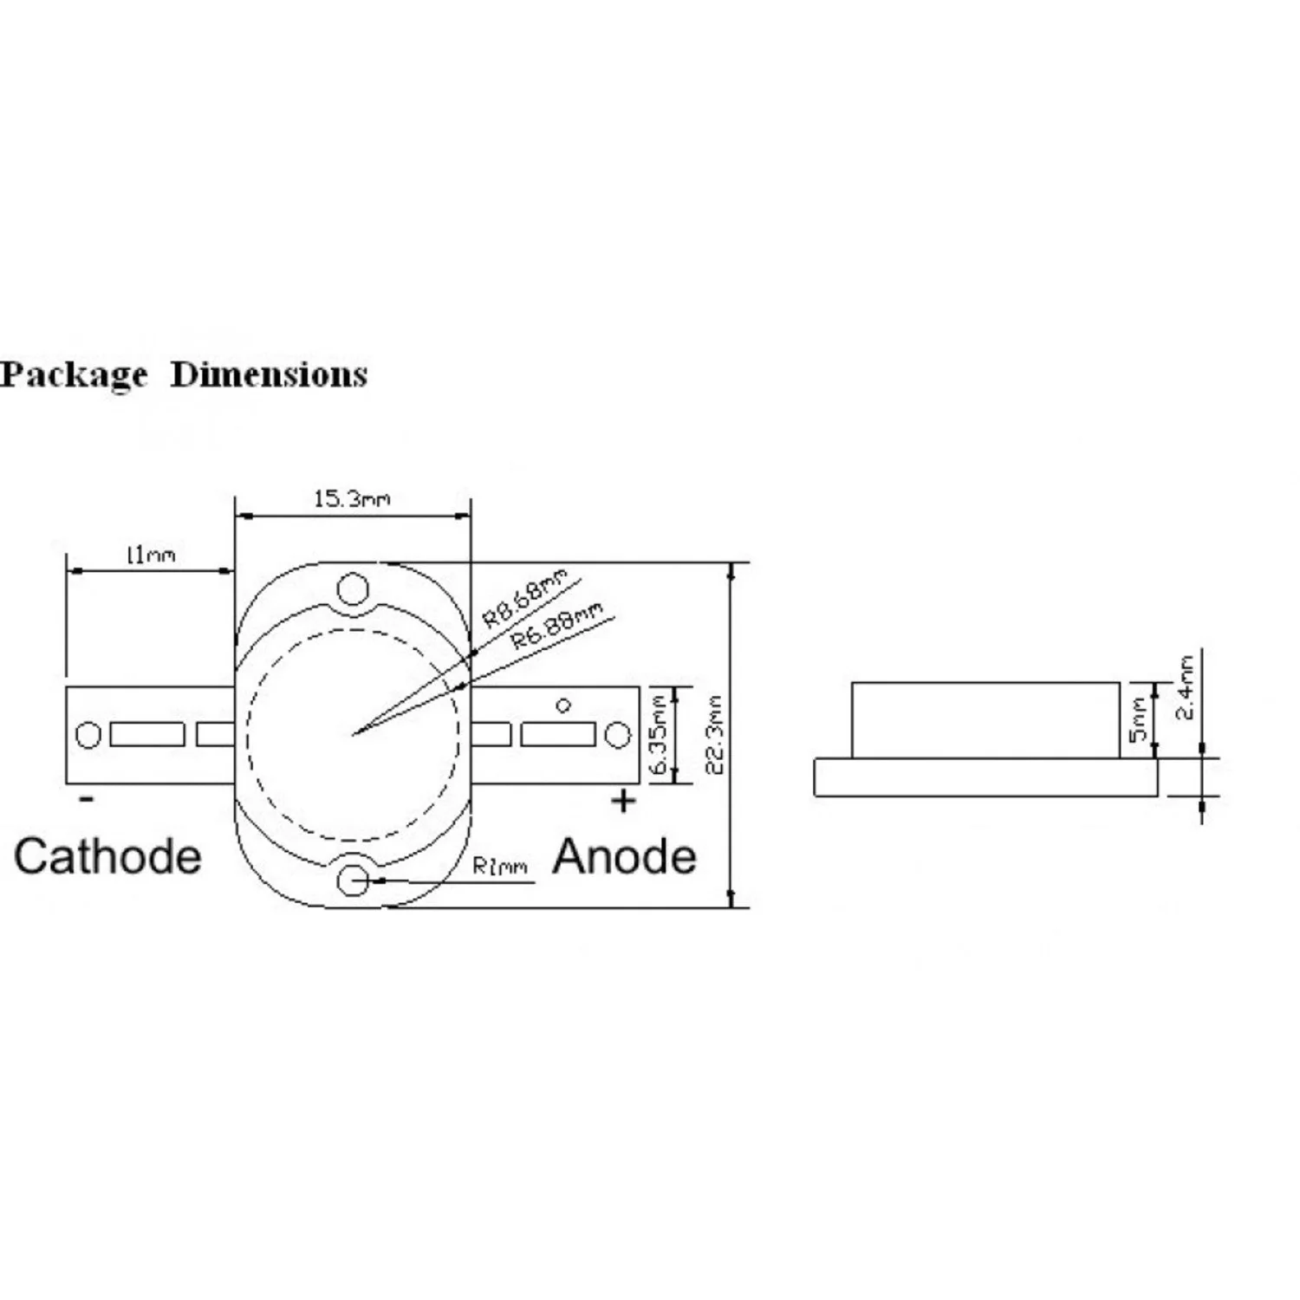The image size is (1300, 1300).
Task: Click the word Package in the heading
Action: tap(74, 375)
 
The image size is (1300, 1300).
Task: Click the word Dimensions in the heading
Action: tap(270, 374)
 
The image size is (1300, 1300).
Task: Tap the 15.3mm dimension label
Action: tap(352, 499)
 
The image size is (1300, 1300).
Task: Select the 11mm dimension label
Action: tap(151, 554)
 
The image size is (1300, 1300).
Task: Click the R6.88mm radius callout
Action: tap(556, 627)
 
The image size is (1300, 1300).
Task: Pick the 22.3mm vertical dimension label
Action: tap(716, 734)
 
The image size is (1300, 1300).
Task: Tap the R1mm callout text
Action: tap(501, 866)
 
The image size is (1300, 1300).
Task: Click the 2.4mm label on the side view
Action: tap(1185, 687)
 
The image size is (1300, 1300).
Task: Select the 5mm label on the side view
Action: tap(1140, 719)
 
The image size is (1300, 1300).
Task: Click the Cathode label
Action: tap(107, 856)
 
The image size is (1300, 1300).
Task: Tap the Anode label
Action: tap(625, 856)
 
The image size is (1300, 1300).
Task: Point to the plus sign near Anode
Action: tap(623, 802)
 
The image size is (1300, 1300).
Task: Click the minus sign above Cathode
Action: tap(86, 799)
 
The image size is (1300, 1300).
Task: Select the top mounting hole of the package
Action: tap(353, 588)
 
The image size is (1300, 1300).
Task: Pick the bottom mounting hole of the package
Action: tap(353, 881)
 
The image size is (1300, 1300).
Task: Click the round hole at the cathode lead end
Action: tap(88, 735)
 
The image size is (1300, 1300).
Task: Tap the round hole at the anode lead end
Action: tap(617, 736)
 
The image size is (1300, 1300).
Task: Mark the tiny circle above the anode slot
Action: tap(563, 705)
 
